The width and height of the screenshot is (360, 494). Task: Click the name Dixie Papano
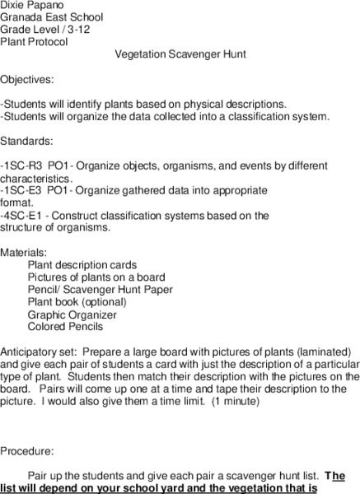coord(31,4)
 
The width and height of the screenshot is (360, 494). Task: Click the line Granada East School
coord(40,16)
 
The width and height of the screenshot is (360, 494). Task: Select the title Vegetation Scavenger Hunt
coord(180,54)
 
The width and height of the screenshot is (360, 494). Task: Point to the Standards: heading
coord(26,141)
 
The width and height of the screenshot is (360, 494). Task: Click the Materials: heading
coord(24,252)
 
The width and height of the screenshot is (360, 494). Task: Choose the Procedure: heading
coord(26,450)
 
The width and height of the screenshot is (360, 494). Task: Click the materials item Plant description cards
coord(82,265)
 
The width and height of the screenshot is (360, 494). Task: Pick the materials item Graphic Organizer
coord(72,315)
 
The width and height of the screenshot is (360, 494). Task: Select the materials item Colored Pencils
coord(65,327)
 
